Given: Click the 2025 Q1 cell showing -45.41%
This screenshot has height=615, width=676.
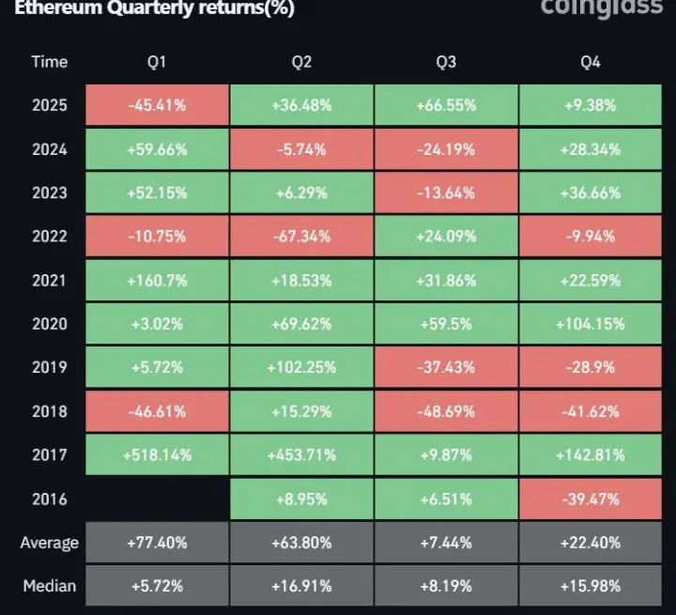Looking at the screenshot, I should (157, 105).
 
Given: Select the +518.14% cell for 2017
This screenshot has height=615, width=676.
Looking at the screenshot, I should (157, 455).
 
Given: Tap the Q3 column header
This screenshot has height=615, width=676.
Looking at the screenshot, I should (446, 62).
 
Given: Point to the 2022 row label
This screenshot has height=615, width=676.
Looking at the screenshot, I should (49, 237).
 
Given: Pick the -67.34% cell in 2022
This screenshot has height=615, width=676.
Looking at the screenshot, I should (301, 237).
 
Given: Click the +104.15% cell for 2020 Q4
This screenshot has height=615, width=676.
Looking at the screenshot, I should (591, 324).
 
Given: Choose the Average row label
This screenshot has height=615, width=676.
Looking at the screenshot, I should (49, 543).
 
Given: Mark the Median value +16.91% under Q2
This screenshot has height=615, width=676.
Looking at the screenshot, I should (301, 587).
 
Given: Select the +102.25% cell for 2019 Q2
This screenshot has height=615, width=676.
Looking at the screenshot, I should (301, 368).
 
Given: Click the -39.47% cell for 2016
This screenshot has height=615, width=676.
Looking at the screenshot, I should (591, 500).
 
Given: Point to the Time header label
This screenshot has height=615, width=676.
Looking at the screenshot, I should (49, 62).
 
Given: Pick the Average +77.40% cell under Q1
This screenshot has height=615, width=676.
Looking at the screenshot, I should (157, 543).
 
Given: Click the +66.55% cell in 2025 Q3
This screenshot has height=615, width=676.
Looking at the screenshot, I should (446, 105).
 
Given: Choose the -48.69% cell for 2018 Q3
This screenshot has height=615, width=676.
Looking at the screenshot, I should (446, 412).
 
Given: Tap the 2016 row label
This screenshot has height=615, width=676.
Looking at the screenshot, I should (49, 500).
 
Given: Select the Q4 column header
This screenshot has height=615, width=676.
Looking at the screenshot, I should (591, 62).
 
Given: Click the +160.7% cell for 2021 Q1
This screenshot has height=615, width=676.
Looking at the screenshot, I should (157, 281).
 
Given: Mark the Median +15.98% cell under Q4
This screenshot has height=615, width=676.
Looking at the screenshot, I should (591, 587).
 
